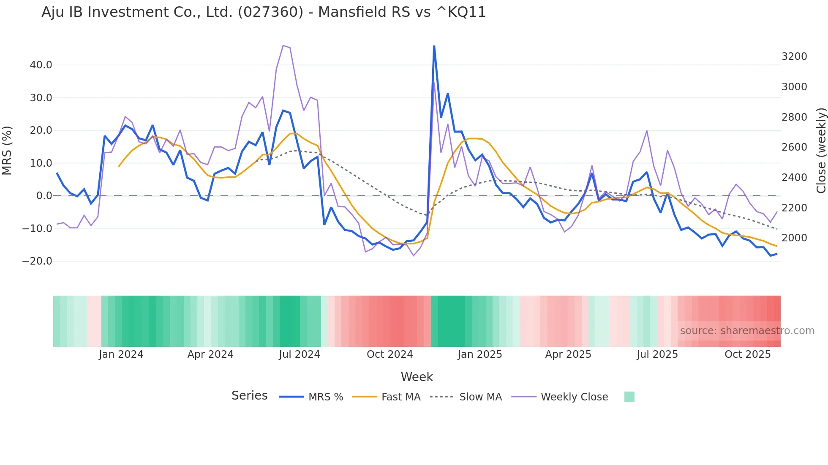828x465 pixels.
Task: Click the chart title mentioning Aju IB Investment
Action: [264, 12]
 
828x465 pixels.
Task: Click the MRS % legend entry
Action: [325, 397]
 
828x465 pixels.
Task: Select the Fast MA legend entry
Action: [400, 397]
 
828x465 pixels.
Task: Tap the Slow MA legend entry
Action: [480, 397]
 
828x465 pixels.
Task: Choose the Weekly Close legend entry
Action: [574, 397]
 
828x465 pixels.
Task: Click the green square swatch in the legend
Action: [629, 397]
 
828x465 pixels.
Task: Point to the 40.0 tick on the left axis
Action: [41, 65]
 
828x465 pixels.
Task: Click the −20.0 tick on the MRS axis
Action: [37, 261]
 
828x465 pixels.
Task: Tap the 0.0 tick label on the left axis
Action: [44, 196]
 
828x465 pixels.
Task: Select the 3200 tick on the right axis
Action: [794, 57]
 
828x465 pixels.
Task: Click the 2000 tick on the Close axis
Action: [794, 238]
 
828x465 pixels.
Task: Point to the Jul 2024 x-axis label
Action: [299, 354]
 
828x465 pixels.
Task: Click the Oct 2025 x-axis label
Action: [747, 354]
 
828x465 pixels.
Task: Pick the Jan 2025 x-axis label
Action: [479, 354]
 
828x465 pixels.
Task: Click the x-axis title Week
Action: [417, 377]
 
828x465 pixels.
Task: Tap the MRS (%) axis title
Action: [7, 150]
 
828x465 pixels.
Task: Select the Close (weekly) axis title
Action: [821, 150]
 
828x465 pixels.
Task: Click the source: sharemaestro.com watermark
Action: [747, 331]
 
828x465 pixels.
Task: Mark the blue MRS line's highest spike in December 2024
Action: [434, 46]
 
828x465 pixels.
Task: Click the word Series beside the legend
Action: [249, 396]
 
